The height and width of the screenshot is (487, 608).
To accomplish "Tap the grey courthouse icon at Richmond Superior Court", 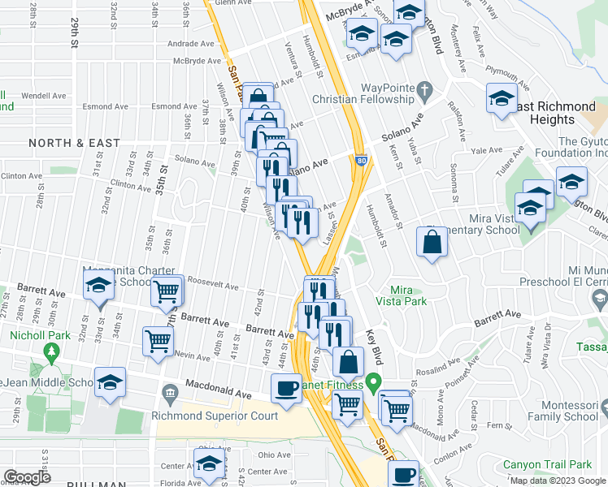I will tap(170, 394).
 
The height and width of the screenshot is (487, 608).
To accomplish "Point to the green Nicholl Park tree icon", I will tap(53, 352).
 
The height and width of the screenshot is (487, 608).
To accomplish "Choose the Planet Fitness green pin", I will tap(373, 380).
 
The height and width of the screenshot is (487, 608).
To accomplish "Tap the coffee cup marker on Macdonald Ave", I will tap(286, 388).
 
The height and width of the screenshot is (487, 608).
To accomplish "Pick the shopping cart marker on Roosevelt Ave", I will tap(165, 291).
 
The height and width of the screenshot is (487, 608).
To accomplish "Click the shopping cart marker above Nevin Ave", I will tap(157, 341).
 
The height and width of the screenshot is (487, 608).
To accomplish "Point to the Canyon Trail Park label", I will tap(546, 465).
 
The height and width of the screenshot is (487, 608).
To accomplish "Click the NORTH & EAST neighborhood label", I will tap(74, 143).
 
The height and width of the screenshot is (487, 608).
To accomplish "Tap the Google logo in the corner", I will tap(28, 477).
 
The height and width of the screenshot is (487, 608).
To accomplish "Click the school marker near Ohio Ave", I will tap(209, 463).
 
